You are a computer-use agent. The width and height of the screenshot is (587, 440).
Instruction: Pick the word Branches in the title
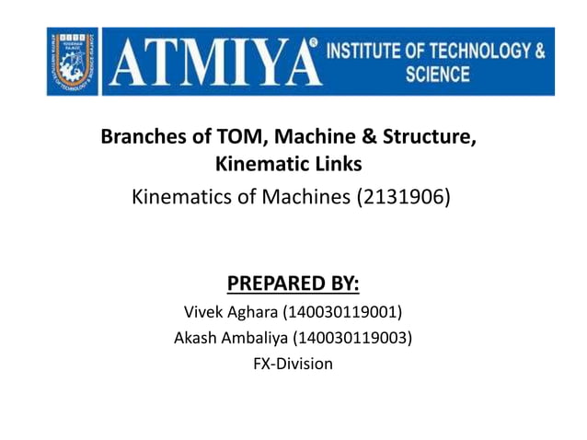[x=143, y=140]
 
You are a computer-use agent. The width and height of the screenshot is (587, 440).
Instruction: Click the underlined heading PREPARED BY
[x=293, y=281]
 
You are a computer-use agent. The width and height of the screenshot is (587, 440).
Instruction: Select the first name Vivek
[x=206, y=309]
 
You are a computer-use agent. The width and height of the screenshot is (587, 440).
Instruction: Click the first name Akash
[x=198, y=337]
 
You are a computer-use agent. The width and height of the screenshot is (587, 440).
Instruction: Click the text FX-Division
[x=293, y=364]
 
